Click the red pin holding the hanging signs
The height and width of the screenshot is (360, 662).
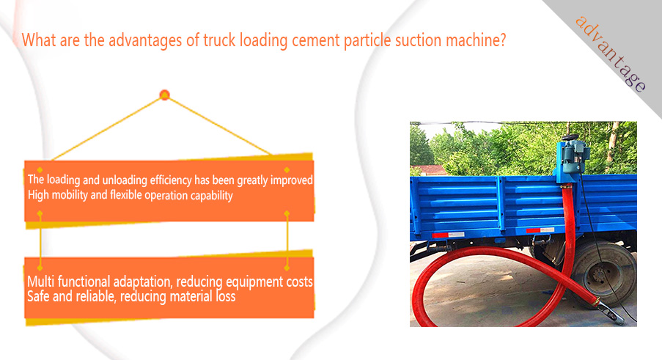point(165,95)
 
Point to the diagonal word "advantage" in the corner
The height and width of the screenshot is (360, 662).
point(610,54)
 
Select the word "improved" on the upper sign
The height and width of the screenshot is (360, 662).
point(291,180)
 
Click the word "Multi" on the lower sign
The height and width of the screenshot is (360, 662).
point(40,281)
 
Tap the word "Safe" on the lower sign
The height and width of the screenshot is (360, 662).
point(38,296)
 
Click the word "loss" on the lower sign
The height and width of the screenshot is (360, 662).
point(226,296)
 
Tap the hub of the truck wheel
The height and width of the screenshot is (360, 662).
point(598,276)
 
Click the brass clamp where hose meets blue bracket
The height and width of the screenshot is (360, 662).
point(566,185)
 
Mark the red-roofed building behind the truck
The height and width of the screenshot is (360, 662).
point(430,170)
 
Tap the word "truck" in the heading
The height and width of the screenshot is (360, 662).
point(219,40)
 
